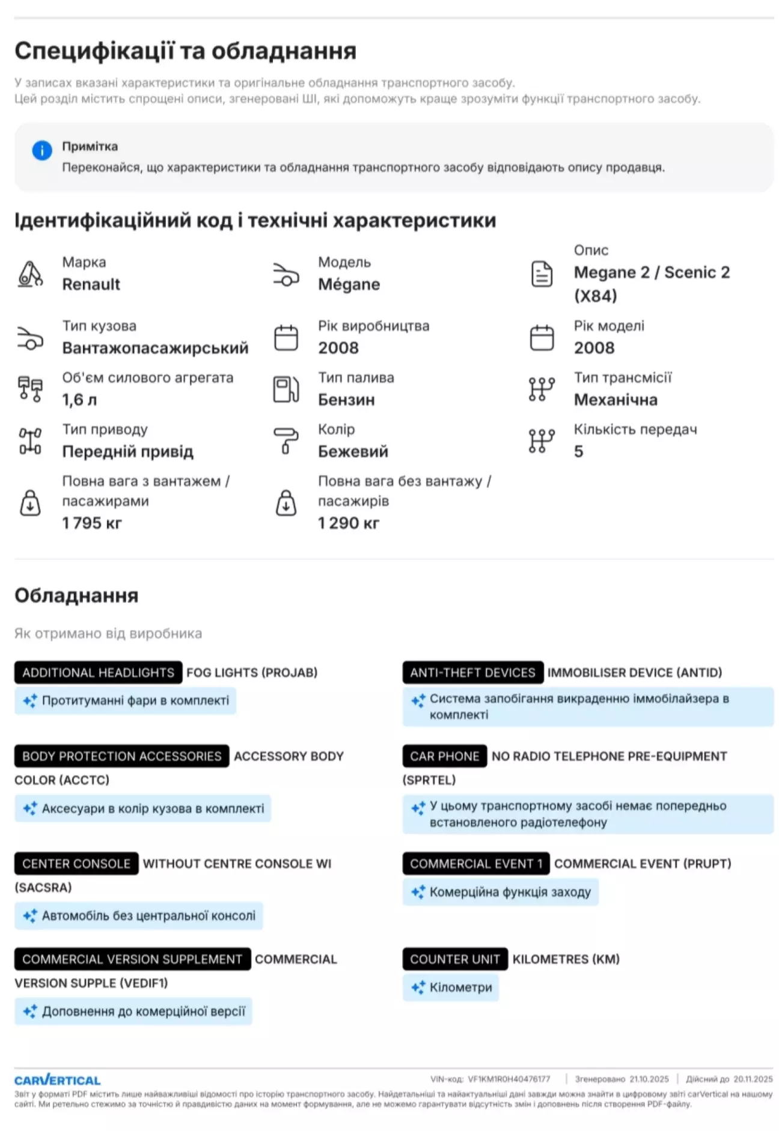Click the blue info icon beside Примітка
click(41, 150)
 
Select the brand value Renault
click(91, 284)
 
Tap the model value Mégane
click(349, 284)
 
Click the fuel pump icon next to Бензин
click(286, 389)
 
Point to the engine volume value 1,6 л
click(79, 399)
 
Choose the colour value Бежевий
click(353, 451)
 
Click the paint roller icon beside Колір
click(286, 440)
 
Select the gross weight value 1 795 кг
click(91, 523)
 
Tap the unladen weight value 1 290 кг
click(349, 523)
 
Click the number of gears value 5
click(578, 451)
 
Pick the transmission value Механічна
click(616, 399)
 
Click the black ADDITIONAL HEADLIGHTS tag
click(98, 672)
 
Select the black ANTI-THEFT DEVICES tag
click(472, 672)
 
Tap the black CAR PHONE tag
click(444, 756)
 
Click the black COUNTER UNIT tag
click(454, 959)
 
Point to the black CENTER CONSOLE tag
click(76, 863)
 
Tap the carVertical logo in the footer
click(58, 1080)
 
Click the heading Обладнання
click(76, 595)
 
